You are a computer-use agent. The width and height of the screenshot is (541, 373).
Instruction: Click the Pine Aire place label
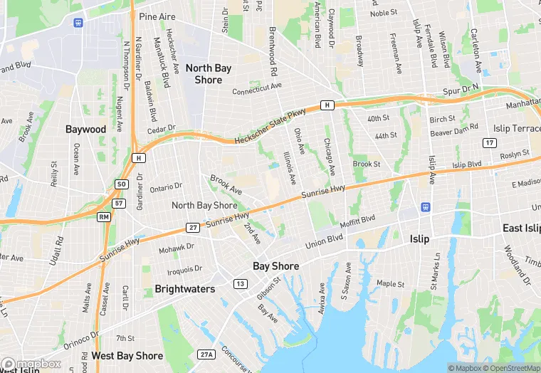157,16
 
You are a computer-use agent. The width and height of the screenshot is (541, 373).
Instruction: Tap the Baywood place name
85,130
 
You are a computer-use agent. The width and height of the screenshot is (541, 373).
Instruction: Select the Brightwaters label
184,290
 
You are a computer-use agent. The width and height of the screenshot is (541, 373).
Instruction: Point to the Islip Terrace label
517,129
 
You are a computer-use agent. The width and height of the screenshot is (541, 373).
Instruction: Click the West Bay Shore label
127,355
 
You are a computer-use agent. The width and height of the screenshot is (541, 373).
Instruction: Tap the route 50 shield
122,184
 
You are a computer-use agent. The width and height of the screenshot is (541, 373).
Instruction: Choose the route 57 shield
119,204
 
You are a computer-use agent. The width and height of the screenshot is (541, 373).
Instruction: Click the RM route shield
105,216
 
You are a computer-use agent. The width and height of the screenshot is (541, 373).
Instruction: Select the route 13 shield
241,284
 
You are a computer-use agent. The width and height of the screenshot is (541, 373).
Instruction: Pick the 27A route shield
206,354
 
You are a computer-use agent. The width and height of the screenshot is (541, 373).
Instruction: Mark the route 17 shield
489,143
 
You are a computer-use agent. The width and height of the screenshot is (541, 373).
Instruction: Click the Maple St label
390,283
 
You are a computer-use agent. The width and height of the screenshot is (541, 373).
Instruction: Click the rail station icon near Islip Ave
426,207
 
